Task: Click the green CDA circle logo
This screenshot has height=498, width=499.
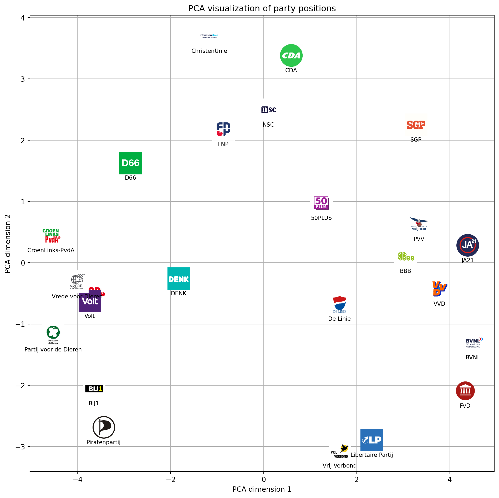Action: click(x=291, y=55)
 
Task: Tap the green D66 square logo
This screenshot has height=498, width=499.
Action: click(x=130, y=163)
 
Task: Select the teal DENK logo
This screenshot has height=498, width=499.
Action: click(x=179, y=279)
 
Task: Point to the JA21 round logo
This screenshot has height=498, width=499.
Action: click(x=467, y=245)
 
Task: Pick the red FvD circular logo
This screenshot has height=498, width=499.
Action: click(x=465, y=391)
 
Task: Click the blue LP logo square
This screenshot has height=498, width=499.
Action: click(x=371, y=440)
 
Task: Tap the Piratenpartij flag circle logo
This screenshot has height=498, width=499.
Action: click(x=104, y=427)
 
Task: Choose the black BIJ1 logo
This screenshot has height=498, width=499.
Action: click(x=94, y=389)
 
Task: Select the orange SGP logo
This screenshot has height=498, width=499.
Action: click(x=416, y=125)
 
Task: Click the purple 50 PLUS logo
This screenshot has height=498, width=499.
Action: click(x=321, y=203)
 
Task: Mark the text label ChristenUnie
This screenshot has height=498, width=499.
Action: click(x=209, y=51)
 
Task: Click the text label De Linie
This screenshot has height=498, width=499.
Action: click(x=339, y=319)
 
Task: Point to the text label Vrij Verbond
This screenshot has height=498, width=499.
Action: click(x=339, y=466)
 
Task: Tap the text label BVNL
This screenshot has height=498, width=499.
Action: click(x=473, y=357)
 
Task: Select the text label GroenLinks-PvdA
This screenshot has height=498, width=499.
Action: click(x=51, y=250)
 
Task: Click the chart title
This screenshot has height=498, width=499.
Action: click(x=262, y=9)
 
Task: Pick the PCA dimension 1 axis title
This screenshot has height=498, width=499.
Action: click(x=262, y=489)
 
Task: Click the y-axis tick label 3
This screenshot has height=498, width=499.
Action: click(x=23, y=79)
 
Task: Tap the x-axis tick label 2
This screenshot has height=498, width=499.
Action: click(x=357, y=480)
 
